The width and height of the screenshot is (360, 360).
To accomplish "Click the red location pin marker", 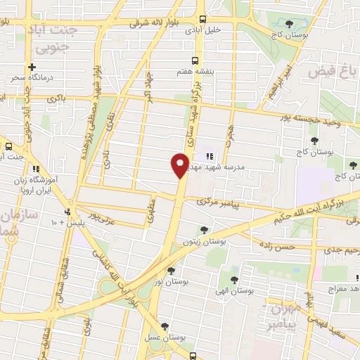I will (x=180, y=165).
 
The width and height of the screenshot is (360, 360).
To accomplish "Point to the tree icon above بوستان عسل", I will (x=165, y=326).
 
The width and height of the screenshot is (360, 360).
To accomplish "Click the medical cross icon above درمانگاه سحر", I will (x=32, y=67).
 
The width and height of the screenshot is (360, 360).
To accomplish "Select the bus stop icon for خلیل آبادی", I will (x=202, y=20).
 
